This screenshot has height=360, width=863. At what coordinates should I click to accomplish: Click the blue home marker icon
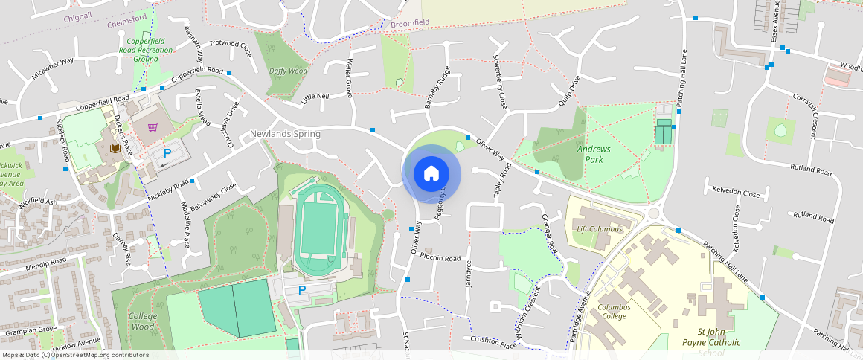coord(431,174)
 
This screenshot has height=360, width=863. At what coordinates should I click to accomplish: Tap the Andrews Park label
coord(594,154)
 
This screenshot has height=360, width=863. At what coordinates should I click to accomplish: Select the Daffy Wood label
coord(288,71)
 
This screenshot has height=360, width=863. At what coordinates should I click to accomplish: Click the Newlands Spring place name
coord(285,134)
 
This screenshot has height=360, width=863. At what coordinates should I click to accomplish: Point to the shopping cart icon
coord(153,127)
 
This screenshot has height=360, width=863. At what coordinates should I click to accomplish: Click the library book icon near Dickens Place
coord(115,150)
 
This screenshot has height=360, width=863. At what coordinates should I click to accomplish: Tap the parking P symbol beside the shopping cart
coord(167,152)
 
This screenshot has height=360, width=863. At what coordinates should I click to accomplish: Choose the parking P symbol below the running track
coord(302,289)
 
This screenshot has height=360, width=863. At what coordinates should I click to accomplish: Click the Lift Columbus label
coord(599,229)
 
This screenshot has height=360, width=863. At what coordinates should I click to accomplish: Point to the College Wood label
coord(142,321)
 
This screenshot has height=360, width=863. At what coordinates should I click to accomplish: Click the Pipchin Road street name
coord(440,258)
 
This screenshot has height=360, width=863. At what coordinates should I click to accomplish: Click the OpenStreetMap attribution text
coord(75,355)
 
